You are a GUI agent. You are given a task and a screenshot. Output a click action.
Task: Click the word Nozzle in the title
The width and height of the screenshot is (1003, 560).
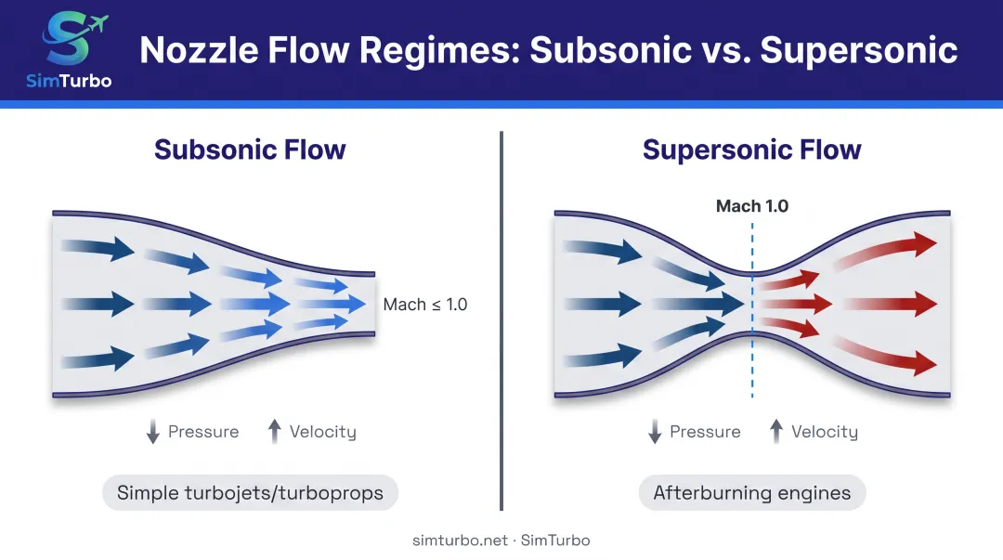pos(199,50)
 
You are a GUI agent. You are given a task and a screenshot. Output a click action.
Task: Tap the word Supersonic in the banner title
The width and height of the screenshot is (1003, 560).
pos(858,50)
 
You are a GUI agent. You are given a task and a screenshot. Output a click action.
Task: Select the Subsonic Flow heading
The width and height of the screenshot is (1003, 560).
pos(250,150)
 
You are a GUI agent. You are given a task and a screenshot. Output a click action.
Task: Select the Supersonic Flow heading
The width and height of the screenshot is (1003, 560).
pos(751,150)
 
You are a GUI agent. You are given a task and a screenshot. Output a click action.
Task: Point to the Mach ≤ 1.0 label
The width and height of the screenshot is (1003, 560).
pos(424,304)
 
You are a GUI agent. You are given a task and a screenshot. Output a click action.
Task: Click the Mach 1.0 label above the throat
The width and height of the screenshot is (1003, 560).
pos(751,206)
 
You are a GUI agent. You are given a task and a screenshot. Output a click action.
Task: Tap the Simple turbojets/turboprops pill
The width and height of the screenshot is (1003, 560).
pos(250,493)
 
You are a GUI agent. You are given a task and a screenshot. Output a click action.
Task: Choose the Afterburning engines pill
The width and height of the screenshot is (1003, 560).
pos(751,493)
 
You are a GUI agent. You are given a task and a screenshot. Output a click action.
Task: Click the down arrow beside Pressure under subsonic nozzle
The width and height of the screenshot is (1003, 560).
pos(153,431)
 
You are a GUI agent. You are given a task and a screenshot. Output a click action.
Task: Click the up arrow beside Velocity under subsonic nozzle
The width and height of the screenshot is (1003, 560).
pos(274,431)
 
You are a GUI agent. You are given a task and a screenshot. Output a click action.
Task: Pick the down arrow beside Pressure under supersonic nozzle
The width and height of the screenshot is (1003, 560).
pos(655,431)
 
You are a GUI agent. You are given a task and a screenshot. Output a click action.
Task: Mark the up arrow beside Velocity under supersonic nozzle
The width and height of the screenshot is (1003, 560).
pos(775,431)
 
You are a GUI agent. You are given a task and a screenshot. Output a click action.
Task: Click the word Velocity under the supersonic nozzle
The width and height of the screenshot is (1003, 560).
pos(825,432)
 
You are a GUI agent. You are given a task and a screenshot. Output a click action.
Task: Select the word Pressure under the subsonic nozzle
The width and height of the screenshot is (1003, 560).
pos(203,432)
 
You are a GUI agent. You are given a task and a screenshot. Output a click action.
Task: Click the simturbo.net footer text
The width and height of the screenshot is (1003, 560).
pos(460,540)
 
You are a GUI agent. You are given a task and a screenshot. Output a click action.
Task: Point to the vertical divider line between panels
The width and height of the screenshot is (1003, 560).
pos(501,320)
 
